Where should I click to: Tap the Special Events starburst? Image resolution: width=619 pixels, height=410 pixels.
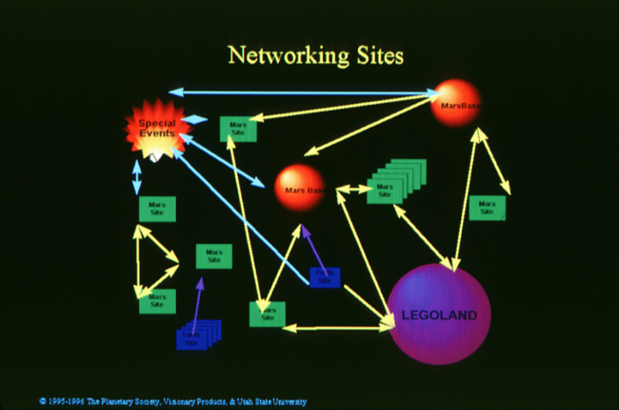click(156, 130)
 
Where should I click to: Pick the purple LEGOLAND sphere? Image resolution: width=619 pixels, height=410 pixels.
click(440, 315)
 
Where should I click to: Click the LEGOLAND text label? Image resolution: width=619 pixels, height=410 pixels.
click(440, 315)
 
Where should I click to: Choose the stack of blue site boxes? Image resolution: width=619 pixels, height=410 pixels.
click(196, 335)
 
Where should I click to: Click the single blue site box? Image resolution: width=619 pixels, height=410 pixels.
click(325, 277)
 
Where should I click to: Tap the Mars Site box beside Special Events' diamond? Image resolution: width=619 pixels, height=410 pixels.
click(238, 129)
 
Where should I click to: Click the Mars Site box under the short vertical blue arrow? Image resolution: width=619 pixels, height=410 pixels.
click(156, 208)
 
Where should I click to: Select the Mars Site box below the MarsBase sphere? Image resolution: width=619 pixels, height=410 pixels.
click(487, 208)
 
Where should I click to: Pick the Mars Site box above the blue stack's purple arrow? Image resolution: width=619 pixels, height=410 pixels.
click(213, 256)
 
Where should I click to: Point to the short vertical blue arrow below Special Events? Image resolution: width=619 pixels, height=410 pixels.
click(136, 177)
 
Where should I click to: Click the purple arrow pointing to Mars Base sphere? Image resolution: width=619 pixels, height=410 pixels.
click(312, 251)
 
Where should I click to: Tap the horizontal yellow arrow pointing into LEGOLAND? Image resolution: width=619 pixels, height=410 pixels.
click(338, 328)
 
